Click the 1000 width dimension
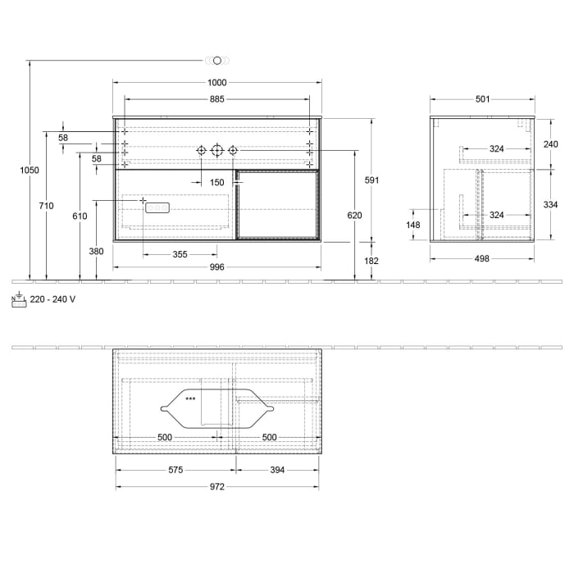216,82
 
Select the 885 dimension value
216,99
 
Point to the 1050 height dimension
30,170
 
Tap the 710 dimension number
46,206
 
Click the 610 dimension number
79,216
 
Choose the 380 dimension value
96,252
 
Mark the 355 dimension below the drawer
180,254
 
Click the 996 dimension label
216,267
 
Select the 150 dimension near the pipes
216,182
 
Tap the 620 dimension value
354,216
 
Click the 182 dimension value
371,261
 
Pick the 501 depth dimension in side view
482,99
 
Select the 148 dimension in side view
412,225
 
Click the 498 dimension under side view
482,258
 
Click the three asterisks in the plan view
190,399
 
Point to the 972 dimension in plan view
216,486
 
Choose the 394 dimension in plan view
277,470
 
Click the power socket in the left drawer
156,208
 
